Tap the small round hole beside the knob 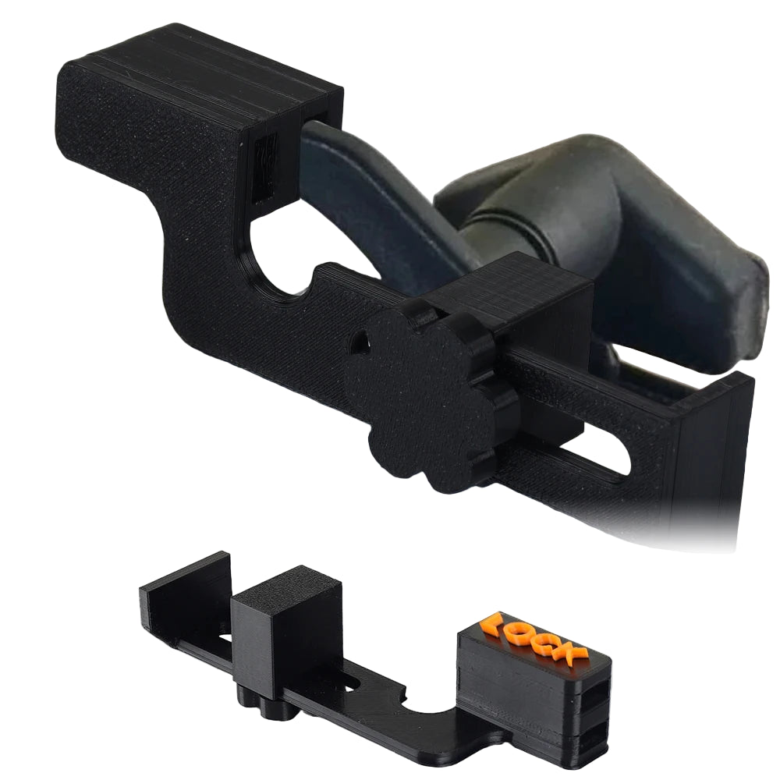pyautogui.click(x=360, y=341)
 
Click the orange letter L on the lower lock pyautogui.click(x=493, y=624)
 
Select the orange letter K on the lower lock pyautogui.click(x=576, y=652)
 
